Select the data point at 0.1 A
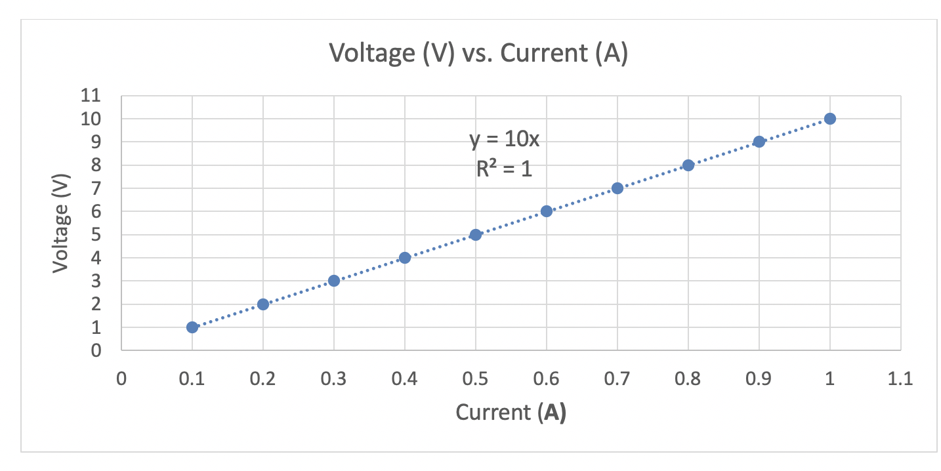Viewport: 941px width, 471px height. click(192, 327)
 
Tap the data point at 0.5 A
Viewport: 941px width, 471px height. click(476, 235)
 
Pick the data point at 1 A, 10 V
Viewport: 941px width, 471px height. click(830, 119)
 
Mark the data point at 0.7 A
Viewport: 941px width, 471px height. click(617, 188)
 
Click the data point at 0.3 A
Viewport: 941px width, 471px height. click(334, 281)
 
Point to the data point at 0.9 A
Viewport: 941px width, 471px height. click(759, 142)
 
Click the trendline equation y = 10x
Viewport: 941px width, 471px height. click(504, 140)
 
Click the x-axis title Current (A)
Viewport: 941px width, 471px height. click(511, 413)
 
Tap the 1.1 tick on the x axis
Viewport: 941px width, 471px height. click(900, 379)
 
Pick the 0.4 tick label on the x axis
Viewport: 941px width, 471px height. click(405, 379)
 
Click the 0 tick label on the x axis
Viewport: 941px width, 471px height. click(121, 379)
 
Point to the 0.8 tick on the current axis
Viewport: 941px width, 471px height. click(688, 379)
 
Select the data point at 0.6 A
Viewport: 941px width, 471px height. click(547, 211)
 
